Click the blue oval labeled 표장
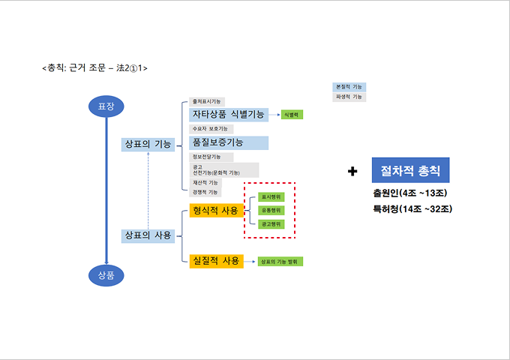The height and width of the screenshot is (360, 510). tap(106, 107)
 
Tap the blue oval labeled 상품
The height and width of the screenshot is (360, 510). tap(106, 275)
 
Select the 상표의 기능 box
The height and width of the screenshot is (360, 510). tap(148, 144)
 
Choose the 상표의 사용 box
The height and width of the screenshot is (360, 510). tap(148, 235)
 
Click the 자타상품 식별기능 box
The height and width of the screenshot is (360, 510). tap(228, 114)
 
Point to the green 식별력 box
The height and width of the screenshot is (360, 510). tap(291, 115)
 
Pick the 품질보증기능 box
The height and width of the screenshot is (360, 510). tap(228, 142)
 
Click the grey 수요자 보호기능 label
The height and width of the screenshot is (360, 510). tap(211, 129)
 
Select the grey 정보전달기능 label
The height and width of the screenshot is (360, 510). tap(211, 157)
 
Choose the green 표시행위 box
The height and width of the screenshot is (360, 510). tap(271, 196)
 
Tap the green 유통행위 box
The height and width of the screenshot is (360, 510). tap(271, 210)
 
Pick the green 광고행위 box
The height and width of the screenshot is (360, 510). tap(271, 223)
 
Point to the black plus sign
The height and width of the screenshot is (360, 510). tap(352, 172)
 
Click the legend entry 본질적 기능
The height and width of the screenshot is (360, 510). tap(349, 87)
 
